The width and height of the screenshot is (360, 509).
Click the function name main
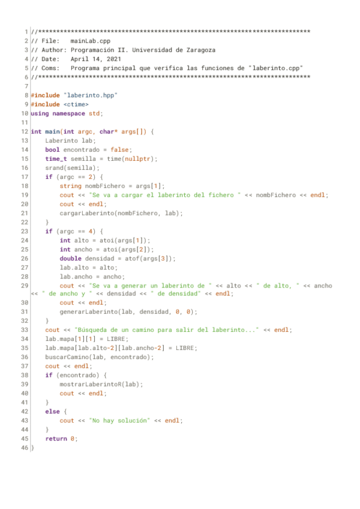[52, 131]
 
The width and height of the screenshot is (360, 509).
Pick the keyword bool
[52, 149]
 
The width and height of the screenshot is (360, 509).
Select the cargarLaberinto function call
[87, 212]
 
